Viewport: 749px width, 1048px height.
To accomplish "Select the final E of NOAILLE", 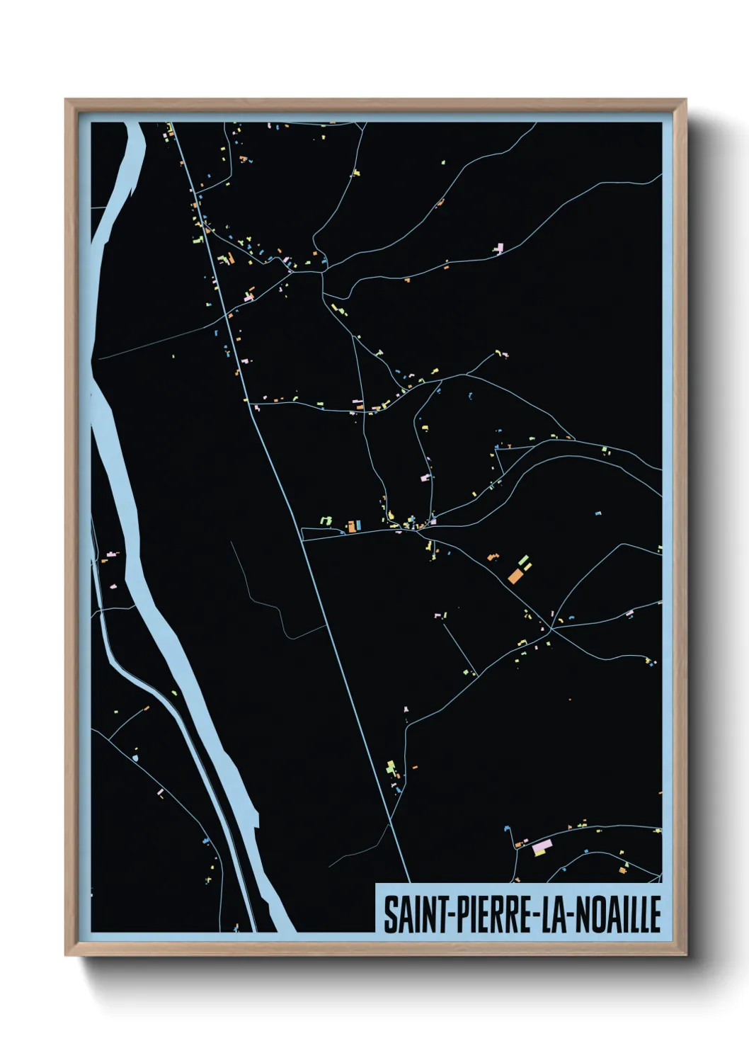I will [x=655, y=914].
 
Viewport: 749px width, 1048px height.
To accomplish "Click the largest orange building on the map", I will [x=516, y=575].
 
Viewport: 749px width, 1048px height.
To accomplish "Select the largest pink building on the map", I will [x=542, y=845].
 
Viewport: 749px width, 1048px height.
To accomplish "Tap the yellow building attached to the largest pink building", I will [x=540, y=853].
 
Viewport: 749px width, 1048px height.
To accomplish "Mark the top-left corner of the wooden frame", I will [x=67, y=101].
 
